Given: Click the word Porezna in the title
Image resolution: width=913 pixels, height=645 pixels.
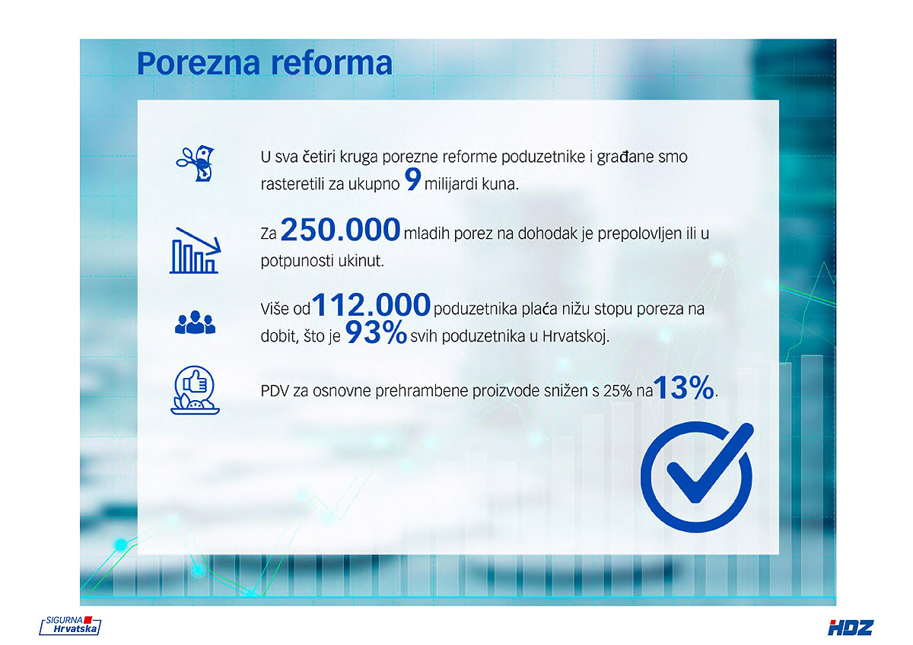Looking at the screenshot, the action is pyautogui.click(x=198, y=63).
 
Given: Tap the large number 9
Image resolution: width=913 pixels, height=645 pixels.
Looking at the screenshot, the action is pyautogui.click(x=412, y=180).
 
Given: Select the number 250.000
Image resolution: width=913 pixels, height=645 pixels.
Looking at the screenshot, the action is pyautogui.click(x=340, y=230).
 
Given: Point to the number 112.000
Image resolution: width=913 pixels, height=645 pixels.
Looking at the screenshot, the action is pyautogui.click(x=371, y=304).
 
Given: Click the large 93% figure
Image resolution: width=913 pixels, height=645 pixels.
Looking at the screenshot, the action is pyautogui.click(x=376, y=332).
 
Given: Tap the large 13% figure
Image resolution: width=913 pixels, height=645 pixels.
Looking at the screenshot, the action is pyautogui.click(x=684, y=387).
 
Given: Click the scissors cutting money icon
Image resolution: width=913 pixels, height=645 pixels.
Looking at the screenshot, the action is pyautogui.click(x=196, y=164).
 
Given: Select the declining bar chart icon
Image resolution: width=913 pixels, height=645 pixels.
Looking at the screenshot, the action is pyautogui.click(x=195, y=250).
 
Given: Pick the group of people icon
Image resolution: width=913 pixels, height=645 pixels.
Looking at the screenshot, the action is pyautogui.click(x=195, y=322).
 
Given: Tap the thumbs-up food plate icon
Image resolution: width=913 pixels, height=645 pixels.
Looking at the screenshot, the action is pyautogui.click(x=195, y=390).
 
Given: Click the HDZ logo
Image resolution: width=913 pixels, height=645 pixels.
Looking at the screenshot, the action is pyautogui.click(x=851, y=628).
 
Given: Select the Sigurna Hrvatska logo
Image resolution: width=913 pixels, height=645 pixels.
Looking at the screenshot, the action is pyautogui.click(x=70, y=625).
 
